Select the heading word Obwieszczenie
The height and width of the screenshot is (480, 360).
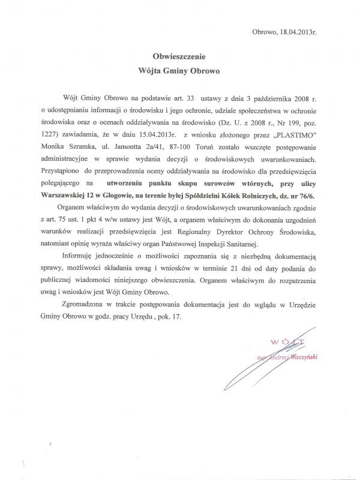pos(180,56)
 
